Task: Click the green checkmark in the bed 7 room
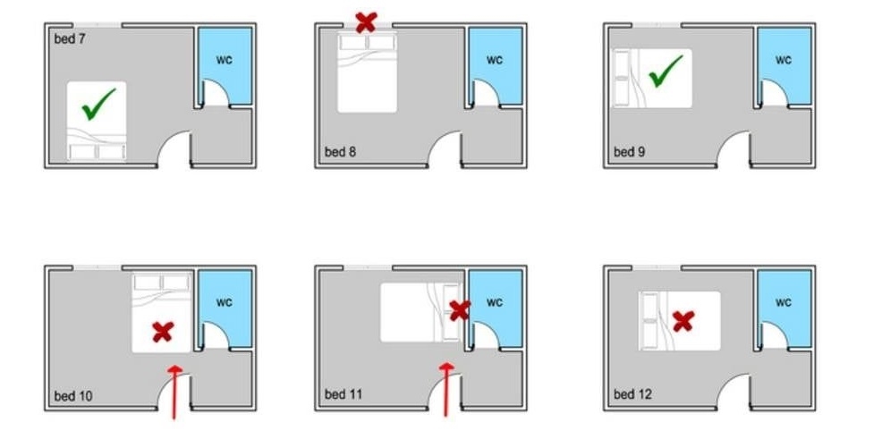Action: coord(98,104)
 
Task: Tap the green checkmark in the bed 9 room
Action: coord(666,72)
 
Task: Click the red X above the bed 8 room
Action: coord(366,22)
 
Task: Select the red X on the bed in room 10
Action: coord(163,332)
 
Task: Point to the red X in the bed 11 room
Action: coord(460,310)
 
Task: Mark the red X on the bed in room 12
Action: coord(683,321)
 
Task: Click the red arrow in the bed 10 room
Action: coord(175,392)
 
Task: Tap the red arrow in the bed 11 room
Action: coord(446,389)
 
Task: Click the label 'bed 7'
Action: coord(70,38)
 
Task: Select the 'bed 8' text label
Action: coord(340,152)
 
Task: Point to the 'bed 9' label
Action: coord(630,152)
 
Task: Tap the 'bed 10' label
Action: coord(73,396)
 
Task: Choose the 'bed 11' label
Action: coord(343,394)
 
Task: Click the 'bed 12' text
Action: coord(632,394)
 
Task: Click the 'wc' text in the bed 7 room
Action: coord(225,60)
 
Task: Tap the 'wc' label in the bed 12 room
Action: coord(784,302)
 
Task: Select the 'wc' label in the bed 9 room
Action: coord(784,60)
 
